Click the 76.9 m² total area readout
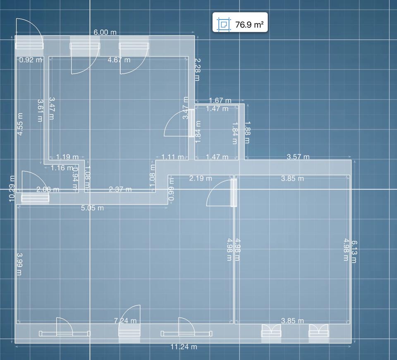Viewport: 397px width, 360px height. tap(249, 25)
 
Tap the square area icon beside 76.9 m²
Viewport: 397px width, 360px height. tap(224, 24)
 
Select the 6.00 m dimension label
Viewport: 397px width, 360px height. tap(105, 32)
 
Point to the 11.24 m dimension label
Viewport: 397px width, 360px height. tap(184, 347)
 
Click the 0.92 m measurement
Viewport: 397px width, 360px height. tap(31, 60)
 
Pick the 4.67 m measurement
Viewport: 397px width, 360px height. tap(119, 60)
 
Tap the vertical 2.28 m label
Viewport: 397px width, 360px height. tap(197, 69)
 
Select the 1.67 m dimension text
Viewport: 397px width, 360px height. tap(220, 100)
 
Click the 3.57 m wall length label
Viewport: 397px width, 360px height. tap(298, 157)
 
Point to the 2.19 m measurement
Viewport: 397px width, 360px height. tap(201, 178)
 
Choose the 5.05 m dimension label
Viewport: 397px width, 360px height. tap(92, 207)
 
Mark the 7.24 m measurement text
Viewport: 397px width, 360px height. tap(125, 320)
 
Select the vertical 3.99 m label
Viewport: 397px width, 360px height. tap(19, 264)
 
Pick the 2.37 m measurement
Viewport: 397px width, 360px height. tap(120, 189)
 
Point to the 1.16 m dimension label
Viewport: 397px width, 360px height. tap(61, 168)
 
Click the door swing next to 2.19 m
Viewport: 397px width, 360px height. tap(219, 192)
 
